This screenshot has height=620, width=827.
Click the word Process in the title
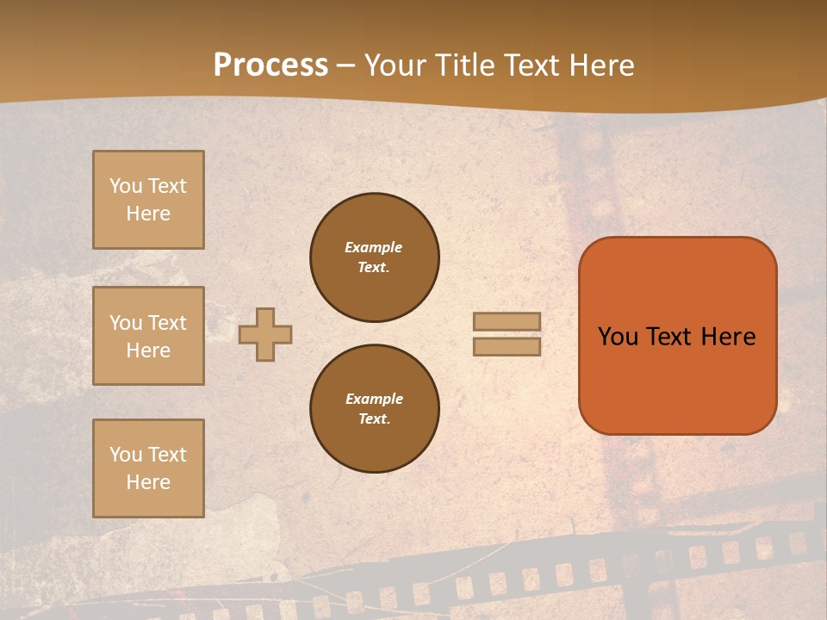point(270,65)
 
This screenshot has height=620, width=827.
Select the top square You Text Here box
point(148,200)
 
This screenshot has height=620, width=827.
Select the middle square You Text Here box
point(148,336)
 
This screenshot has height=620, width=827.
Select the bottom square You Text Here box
point(148,468)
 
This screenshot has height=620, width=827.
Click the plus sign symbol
point(265,334)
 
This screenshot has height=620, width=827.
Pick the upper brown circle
point(375,257)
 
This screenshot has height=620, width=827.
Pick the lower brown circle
point(375,409)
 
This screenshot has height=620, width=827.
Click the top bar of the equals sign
point(507,321)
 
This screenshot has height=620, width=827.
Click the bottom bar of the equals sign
point(507,346)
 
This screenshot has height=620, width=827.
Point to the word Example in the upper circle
point(374,247)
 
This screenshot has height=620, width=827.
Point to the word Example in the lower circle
point(374,399)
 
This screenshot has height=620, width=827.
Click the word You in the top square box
point(125,186)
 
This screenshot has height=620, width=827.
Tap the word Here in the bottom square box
point(148,482)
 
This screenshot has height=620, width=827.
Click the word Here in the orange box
point(728,337)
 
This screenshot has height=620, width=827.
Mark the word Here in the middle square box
point(148,350)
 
